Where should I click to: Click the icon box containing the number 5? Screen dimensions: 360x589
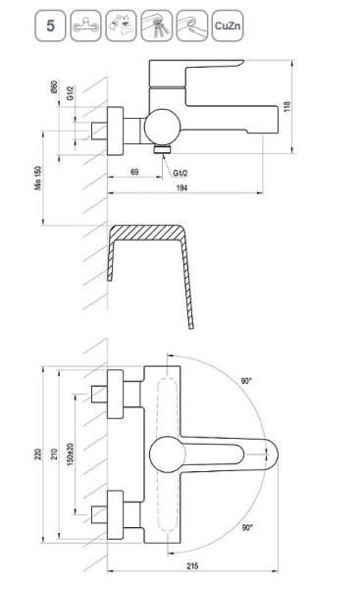point(50,26)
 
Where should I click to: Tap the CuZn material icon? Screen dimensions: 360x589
point(228,26)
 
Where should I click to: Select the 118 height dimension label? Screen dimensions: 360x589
point(287,107)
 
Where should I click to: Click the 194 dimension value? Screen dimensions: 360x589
point(181,187)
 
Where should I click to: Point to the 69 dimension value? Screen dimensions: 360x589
point(134,172)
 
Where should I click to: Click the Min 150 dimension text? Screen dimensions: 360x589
point(38,178)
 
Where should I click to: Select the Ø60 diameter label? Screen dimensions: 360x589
point(54,87)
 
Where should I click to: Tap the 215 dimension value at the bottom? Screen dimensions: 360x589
point(192,566)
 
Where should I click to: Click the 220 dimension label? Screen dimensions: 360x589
point(38,455)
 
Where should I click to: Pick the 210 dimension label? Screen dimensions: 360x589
point(54,455)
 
